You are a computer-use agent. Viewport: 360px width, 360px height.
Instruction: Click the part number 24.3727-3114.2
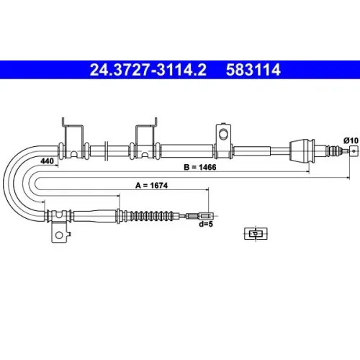point(148,70)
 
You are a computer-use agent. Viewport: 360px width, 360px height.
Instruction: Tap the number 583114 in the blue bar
point(253,70)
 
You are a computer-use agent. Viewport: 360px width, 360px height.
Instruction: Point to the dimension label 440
point(48,161)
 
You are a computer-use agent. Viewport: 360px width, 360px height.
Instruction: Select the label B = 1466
point(200,167)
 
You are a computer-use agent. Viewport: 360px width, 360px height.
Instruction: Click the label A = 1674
point(151,185)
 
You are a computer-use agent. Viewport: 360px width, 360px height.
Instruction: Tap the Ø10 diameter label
point(351,140)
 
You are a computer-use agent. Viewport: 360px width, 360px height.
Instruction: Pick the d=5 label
point(206,224)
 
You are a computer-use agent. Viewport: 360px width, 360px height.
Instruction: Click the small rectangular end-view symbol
point(256,233)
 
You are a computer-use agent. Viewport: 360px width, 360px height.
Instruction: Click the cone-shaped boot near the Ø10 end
point(302,150)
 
